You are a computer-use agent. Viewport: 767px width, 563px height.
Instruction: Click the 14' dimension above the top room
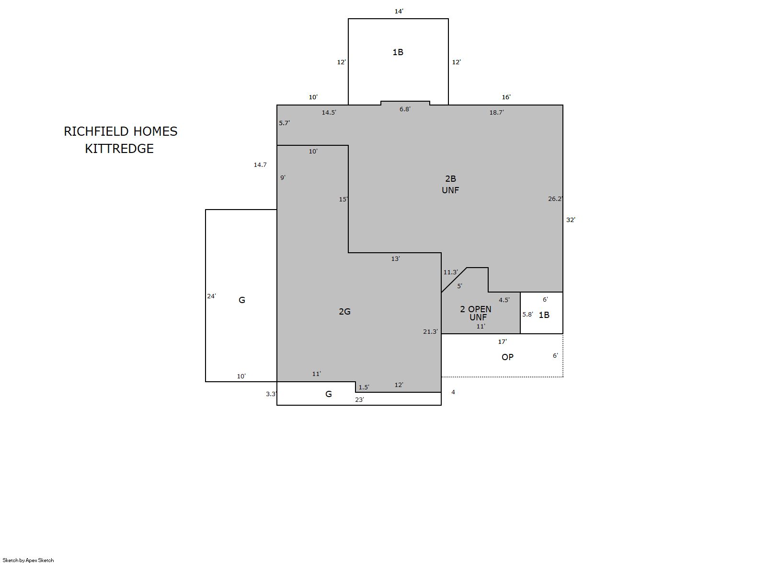coord(399,12)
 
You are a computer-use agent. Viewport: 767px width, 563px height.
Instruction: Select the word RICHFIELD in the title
coord(96,131)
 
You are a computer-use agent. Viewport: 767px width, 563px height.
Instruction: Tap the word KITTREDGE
coord(119,149)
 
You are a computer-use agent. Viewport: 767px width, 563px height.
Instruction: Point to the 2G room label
coord(344,312)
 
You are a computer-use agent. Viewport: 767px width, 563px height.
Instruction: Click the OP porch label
coord(507,357)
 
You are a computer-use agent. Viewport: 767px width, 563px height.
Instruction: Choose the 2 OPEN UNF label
coord(476,313)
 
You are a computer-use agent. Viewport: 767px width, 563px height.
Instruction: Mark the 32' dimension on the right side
coord(571,220)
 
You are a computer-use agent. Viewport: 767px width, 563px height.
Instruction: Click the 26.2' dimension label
coord(555,199)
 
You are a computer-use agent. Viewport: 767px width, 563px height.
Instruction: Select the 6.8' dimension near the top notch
coord(405,109)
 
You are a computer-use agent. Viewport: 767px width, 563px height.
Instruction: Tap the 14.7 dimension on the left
coord(260,165)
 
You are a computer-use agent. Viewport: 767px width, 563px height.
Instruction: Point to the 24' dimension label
coord(212,296)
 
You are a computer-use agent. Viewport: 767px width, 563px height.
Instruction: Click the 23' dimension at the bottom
coord(359,399)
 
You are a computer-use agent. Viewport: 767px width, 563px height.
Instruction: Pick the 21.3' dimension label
coord(430,331)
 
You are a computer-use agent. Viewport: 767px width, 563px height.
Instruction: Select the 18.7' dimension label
coord(496,112)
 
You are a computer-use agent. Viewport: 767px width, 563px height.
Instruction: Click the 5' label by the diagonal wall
coord(460,286)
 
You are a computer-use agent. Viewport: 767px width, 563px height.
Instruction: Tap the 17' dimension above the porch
coord(503,341)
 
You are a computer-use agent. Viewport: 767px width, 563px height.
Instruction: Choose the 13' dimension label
coord(396,258)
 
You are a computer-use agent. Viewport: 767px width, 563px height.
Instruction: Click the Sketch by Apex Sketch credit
coord(28,560)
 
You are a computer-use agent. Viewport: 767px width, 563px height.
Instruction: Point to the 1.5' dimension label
coord(364,387)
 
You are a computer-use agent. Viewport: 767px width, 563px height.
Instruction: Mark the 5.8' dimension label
coord(527,314)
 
